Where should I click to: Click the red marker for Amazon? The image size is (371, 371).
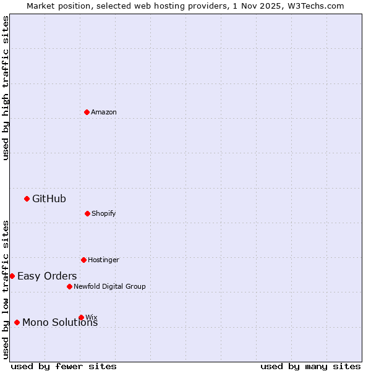pos(87,112)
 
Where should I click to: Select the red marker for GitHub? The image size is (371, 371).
pos(27,198)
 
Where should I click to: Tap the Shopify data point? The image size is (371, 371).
pos(87,213)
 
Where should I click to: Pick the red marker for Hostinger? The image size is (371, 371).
pos(83,260)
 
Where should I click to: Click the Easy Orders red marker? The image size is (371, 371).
pos(12,276)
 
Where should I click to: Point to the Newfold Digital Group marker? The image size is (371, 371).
pos(69,286)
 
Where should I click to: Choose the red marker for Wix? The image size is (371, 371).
pos(81,317)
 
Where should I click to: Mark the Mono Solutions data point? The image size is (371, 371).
pos(17,322)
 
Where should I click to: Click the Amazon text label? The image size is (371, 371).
pos(104,112)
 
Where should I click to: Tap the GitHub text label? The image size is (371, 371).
pos(49,198)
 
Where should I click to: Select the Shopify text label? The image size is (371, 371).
pos(104,213)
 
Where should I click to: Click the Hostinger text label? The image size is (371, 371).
pos(103,260)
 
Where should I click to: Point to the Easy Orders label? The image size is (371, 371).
pos(47,276)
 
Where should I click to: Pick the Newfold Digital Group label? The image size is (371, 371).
pos(109,286)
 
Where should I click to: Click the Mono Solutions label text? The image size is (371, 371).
pos(60,323)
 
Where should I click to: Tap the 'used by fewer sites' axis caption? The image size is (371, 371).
pos(64,366)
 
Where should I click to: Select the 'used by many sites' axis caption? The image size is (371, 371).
pos(310,366)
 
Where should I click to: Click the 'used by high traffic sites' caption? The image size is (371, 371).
pos(6,88)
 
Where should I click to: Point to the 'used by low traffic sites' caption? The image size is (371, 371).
pos(6,289)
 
